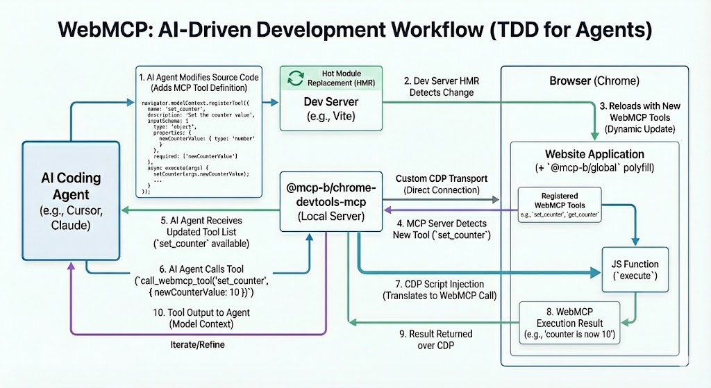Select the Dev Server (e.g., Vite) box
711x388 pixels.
click(331, 107)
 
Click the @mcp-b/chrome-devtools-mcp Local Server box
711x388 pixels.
click(331, 201)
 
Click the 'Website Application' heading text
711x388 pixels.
click(594, 154)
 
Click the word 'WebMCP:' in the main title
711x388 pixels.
click(101, 31)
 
